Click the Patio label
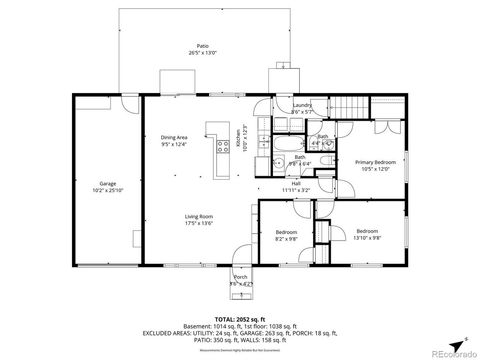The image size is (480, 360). click(203, 46)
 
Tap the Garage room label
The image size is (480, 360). click(107, 183)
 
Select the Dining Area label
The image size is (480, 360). click(174, 138)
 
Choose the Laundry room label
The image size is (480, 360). click(300, 106)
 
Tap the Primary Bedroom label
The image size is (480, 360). click(375, 161)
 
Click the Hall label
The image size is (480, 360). click(296, 183)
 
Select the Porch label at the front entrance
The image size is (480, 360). click(240, 277)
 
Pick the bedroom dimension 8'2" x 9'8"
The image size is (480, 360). click(286, 239)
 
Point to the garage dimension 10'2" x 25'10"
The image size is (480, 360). click(107, 190)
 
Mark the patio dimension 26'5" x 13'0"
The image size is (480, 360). click(203, 52)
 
